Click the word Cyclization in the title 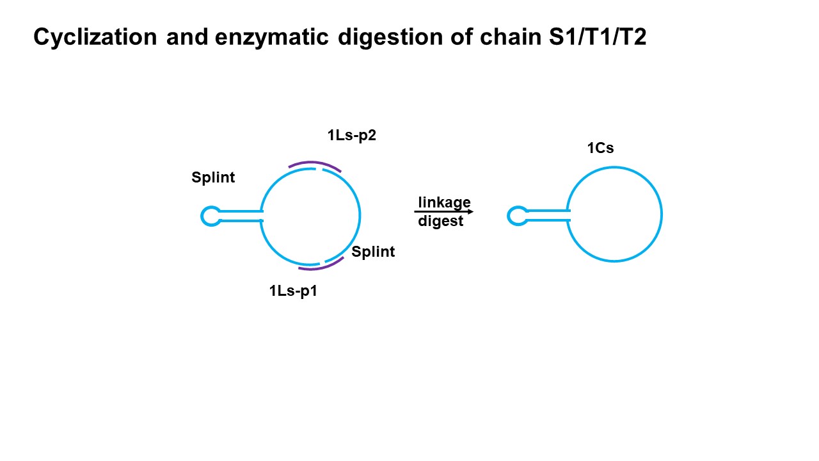tap(95, 37)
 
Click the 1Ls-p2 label tap(351, 135)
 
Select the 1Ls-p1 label tap(293, 291)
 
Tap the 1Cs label tap(600, 148)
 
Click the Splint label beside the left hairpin tap(213, 177)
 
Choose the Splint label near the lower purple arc tap(373, 252)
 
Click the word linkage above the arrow tap(444, 202)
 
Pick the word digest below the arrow tap(440, 222)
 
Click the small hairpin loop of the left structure tap(210, 216)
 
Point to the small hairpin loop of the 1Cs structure tap(516, 216)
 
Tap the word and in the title tap(187, 37)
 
